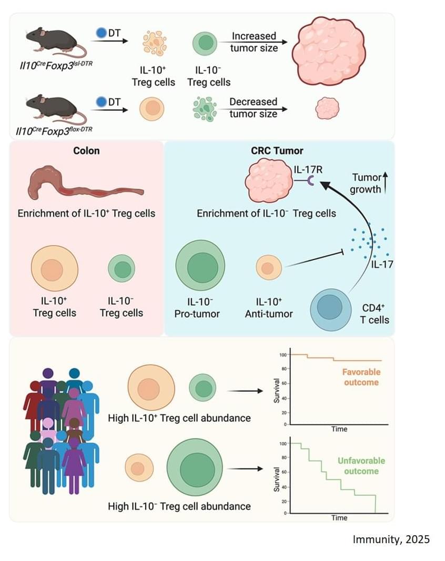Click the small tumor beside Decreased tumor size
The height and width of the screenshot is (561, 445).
click(323, 109)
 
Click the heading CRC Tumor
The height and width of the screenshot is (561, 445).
click(277, 151)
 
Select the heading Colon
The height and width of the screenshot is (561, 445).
click(87, 151)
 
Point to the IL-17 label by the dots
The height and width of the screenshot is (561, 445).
click(381, 264)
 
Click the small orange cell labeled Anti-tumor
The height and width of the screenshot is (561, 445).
click(268, 268)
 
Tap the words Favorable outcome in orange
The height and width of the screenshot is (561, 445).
click(361, 377)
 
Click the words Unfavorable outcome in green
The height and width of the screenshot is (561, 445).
click(358, 466)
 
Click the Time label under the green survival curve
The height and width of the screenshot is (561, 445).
click(339, 517)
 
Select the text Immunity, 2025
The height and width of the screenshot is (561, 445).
click(390, 539)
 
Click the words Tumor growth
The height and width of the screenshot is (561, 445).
click(366, 183)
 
